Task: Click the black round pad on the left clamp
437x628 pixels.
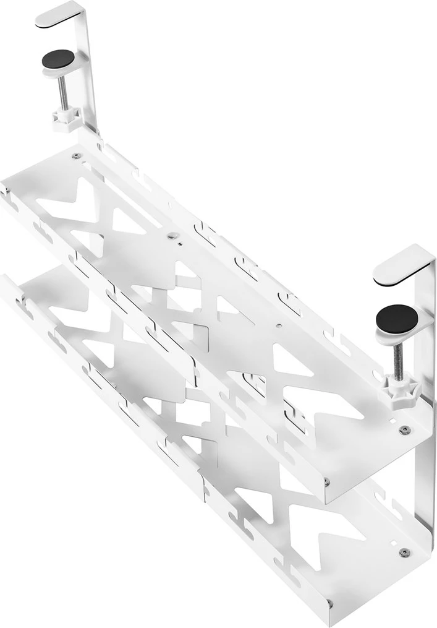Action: [x=58, y=59]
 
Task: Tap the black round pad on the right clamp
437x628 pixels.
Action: [x=397, y=319]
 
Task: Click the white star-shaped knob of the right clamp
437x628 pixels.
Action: [x=399, y=387]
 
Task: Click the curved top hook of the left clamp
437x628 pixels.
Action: [x=59, y=15]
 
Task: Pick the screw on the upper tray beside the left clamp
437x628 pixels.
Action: [x=76, y=156]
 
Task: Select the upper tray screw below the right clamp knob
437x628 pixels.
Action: [x=404, y=430]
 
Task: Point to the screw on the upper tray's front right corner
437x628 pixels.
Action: [x=326, y=481]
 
